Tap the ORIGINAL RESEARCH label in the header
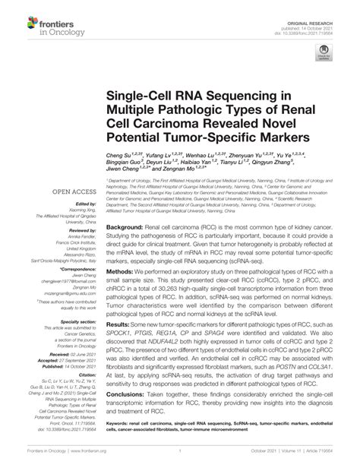coord(328,7)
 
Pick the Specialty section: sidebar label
coord(70,322)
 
